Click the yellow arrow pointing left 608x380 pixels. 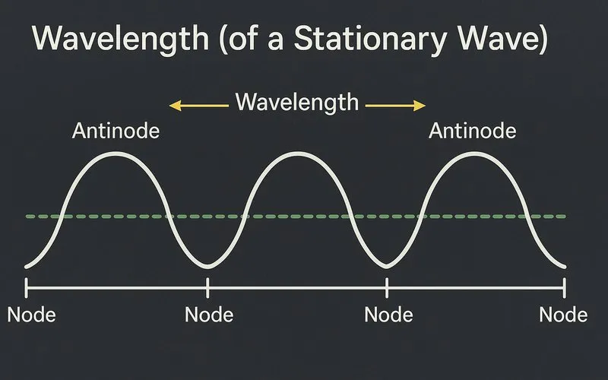pyautogui.click(x=198, y=106)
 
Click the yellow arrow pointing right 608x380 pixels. pyautogui.click(x=395, y=106)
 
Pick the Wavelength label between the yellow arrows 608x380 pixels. pyautogui.click(x=296, y=102)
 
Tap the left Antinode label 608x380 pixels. pyautogui.click(x=116, y=131)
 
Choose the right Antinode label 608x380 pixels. pyautogui.click(x=472, y=131)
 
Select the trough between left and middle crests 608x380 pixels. pyautogui.click(x=207, y=265)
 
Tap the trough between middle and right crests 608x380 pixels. pyautogui.click(x=386, y=265)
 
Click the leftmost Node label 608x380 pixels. pyautogui.click(x=31, y=315)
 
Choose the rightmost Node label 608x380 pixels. pyautogui.click(x=563, y=315)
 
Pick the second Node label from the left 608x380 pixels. pyautogui.click(x=209, y=315)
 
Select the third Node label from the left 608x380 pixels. pyautogui.click(x=388, y=315)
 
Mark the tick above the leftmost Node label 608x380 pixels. pyautogui.click(x=27, y=287)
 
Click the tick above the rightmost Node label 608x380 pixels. pyautogui.click(x=565, y=287)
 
